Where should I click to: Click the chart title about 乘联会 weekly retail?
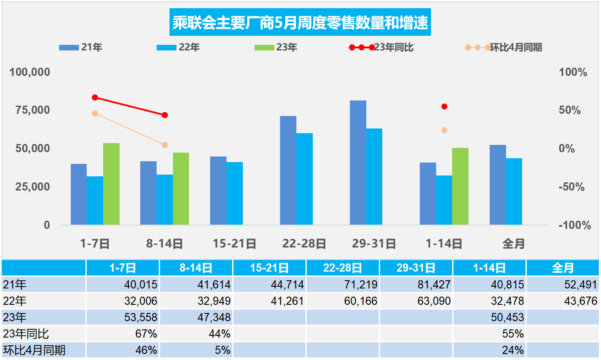pyautogui.click(x=300, y=23)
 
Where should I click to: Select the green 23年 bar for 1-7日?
pyautogui.click(x=111, y=184)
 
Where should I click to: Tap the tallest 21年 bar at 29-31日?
pyautogui.click(x=358, y=163)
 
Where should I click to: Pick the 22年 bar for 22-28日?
pyautogui.click(x=305, y=179)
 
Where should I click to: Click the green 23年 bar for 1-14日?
pyautogui.click(x=460, y=186)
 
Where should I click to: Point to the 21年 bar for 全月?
pyautogui.click(x=497, y=185)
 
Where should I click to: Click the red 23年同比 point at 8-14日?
pyautogui.click(x=165, y=115)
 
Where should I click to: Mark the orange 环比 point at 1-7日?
pyautogui.click(x=95, y=113)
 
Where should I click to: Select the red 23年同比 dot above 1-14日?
pyautogui.click(x=444, y=106)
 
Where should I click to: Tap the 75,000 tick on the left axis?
pyautogui.click(x=30, y=110)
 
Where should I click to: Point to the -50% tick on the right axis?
pyautogui.click(x=572, y=187)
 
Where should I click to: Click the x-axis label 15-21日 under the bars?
pyautogui.click(x=234, y=244)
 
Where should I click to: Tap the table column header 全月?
pyautogui.click(x=563, y=268)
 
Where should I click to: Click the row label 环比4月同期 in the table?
pyautogui.click(x=34, y=350)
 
